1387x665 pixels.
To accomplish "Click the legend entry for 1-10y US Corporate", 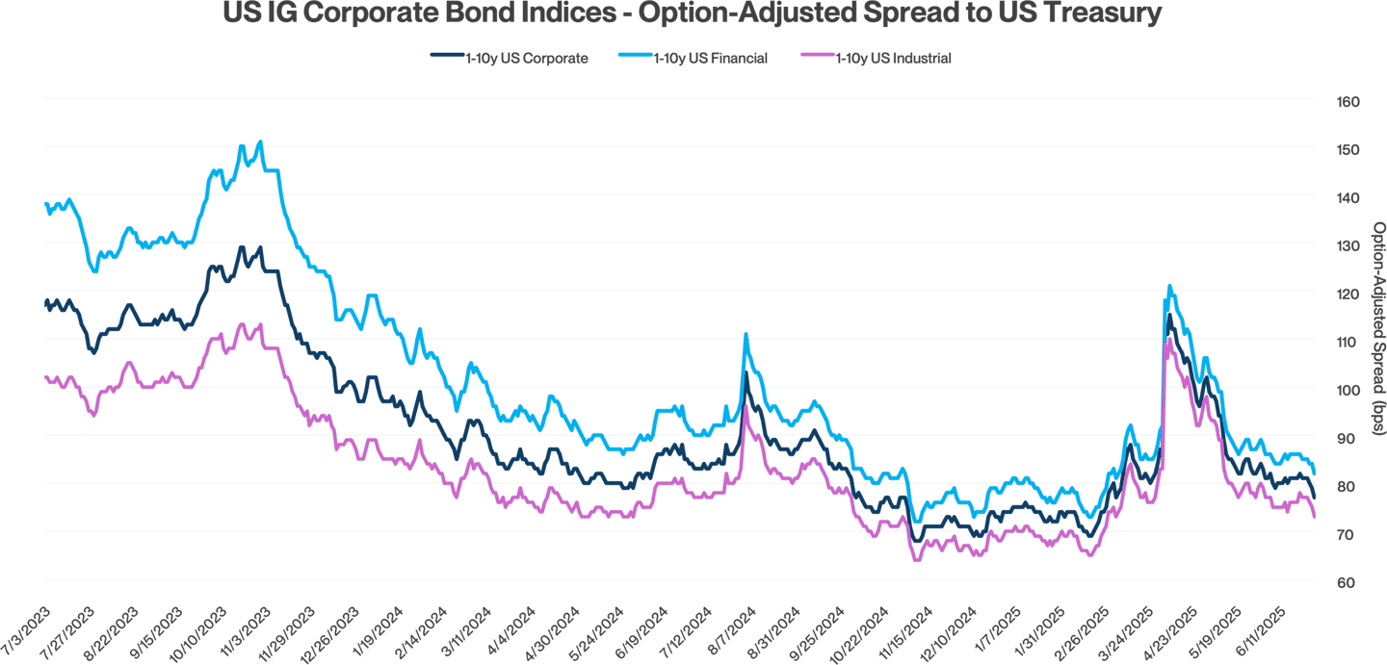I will tap(526, 59).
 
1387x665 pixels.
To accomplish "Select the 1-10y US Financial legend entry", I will tap(710, 59).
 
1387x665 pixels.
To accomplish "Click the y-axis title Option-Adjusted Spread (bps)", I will tap(1378, 327).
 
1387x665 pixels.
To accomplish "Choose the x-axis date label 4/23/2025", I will tap(1183, 629).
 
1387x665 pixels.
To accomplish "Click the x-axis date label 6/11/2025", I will tap(1272, 629).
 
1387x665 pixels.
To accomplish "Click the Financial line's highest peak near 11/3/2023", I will tap(260, 141).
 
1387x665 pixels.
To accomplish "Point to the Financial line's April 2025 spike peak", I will tap(1168, 285).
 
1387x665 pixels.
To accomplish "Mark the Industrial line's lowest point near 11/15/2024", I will tap(916, 560).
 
